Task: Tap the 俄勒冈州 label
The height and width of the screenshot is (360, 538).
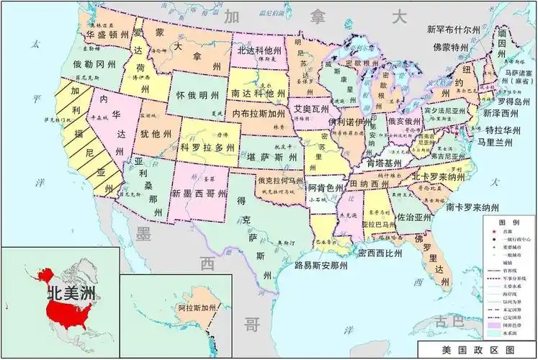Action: point(94,64)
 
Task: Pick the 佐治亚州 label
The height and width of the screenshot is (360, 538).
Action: point(414,216)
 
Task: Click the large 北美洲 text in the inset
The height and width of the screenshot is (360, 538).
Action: point(71,294)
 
